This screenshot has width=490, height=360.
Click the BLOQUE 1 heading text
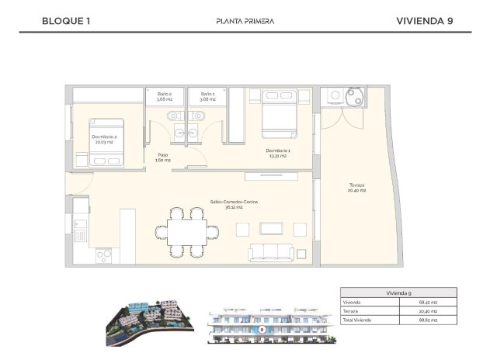pos(66,21)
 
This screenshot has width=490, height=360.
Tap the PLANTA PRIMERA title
pos(245,21)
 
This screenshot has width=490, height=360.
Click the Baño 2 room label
pos(164,96)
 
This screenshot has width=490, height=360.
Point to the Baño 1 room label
pos(207,96)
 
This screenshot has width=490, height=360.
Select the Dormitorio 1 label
pos(277,153)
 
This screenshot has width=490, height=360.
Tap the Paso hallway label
pos(163,157)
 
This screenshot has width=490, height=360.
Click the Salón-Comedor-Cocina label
pos(234,204)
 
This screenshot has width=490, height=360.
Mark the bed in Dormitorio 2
pos(106,142)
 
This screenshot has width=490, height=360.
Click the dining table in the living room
pos(186,230)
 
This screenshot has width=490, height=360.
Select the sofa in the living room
pos(271,252)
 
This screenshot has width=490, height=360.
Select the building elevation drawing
pos(262,325)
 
